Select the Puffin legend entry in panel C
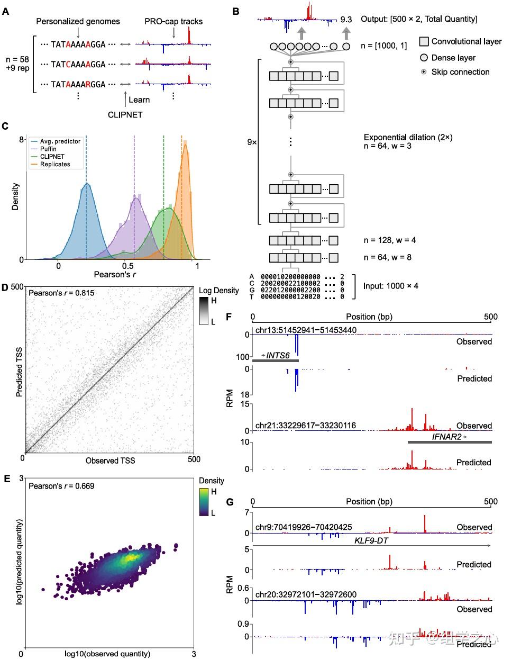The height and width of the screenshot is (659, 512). (48, 149)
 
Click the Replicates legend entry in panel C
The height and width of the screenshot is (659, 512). (55, 165)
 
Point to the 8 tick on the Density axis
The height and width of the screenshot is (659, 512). (22, 140)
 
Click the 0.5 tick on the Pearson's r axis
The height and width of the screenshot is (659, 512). (127, 267)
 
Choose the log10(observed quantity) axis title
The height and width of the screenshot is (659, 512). (107, 654)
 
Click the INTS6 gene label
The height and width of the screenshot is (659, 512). (278, 355)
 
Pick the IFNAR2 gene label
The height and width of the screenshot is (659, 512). (447, 437)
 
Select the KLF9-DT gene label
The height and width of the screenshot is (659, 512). (371, 540)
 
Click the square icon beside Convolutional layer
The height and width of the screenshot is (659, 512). (424, 41)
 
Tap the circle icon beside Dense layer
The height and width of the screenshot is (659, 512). (424, 58)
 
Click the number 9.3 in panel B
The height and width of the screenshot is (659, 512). (346, 20)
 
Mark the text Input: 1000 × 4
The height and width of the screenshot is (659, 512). (391, 286)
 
